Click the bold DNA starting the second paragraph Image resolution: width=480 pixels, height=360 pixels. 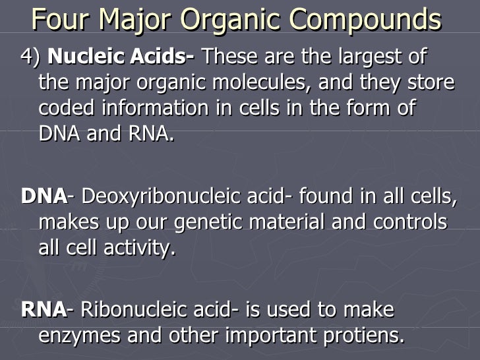tap(44, 196)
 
